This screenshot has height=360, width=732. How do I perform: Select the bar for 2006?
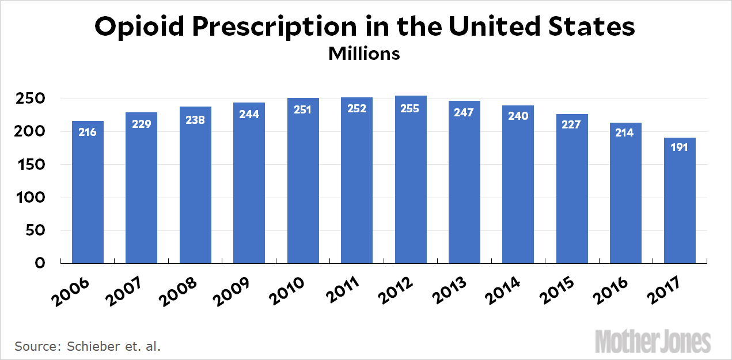[x=88, y=196]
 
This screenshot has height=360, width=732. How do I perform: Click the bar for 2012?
[x=411, y=184]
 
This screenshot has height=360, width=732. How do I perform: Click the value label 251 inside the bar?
[x=302, y=109]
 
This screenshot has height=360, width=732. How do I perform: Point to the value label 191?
[x=680, y=147]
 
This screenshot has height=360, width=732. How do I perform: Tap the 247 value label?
[x=464, y=112]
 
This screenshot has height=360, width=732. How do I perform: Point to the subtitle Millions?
[x=364, y=54]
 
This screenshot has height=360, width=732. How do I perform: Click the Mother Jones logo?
[x=653, y=341]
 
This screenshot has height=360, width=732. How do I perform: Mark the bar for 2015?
[x=572, y=190]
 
